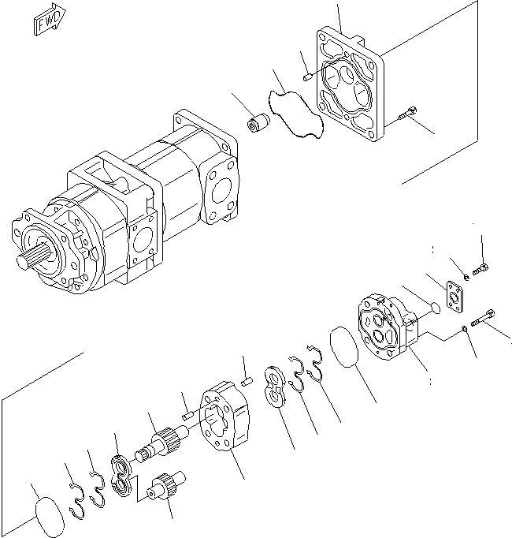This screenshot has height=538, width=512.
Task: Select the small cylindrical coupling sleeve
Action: tap(258, 125)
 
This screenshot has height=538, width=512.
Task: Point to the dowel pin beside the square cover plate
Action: tap(309, 77)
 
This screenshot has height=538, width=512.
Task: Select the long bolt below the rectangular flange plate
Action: tap(483, 320)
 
